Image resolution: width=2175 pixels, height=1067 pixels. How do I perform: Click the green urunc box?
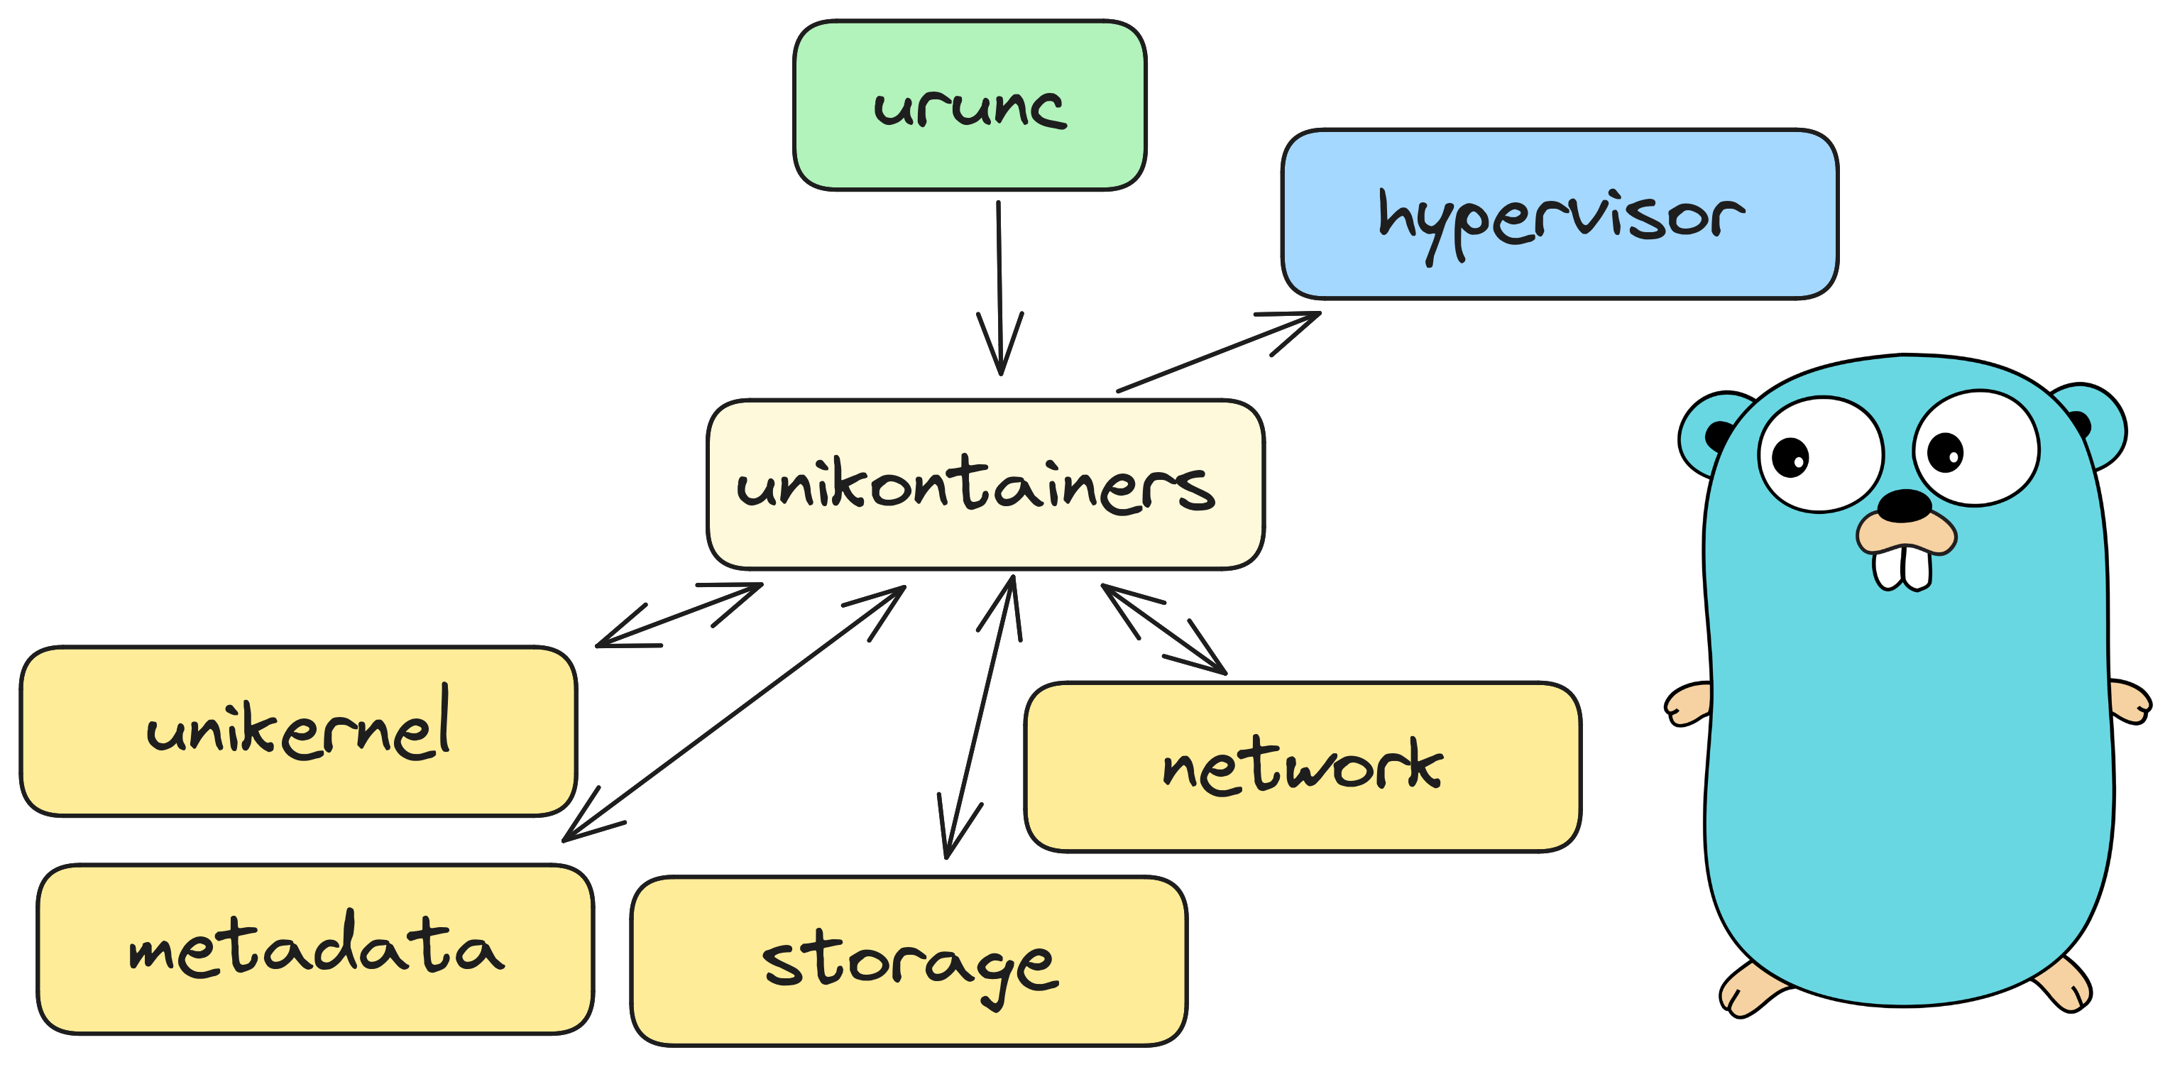coord(969,106)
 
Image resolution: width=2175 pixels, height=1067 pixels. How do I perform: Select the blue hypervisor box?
coord(1559,214)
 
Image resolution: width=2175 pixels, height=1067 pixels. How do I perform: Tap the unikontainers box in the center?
coord(985,486)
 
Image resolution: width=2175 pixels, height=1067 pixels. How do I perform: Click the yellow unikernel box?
coord(298,731)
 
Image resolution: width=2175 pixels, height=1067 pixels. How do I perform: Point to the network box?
coord(1302,767)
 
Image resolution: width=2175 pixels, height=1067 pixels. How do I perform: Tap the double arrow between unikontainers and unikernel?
coord(680,615)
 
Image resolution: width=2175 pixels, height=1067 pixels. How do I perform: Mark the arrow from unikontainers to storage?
coord(980,718)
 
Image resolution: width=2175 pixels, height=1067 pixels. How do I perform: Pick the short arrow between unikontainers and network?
coord(1163,629)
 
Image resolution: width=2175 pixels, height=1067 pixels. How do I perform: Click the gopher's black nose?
coord(1904,505)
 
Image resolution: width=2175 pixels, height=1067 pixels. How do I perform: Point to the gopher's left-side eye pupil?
coord(1790,457)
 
